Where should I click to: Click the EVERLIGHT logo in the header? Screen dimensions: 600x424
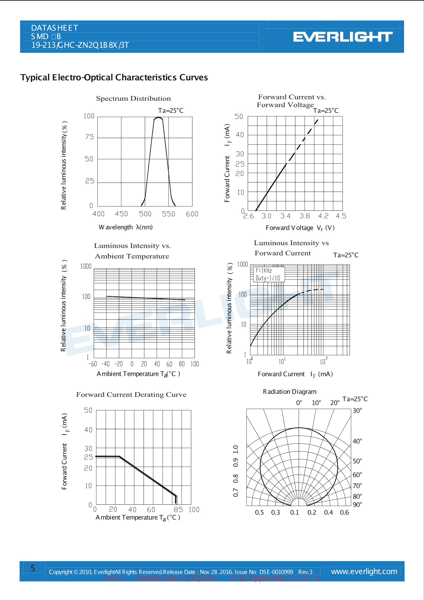(343, 37)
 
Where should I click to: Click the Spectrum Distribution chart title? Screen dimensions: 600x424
(133, 98)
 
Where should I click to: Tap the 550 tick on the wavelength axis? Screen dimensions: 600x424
(168, 214)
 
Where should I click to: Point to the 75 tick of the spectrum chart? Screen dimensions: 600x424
(89, 137)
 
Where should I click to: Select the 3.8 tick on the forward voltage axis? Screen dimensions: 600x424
(305, 216)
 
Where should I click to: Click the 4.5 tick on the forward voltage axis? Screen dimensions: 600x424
(341, 216)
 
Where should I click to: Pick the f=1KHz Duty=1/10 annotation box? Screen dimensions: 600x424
(268, 274)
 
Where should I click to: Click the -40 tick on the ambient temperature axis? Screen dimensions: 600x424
(105, 364)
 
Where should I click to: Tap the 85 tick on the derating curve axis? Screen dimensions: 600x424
(178, 510)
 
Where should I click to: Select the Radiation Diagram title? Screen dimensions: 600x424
(290, 392)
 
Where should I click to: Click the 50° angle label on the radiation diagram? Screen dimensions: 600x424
(357, 461)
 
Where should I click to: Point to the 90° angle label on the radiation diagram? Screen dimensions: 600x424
(357, 504)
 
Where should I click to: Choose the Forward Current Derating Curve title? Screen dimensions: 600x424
(131, 395)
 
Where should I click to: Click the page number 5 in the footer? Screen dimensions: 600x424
(33, 568)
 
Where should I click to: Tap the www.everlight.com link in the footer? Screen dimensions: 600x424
(364, 571)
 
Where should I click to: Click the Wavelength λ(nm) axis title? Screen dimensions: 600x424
(126, 227)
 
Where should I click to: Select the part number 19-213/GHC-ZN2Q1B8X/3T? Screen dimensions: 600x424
(80, 45)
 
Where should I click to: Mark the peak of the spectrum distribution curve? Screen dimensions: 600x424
(158, 118)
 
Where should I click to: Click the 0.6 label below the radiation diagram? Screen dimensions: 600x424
(344, 512)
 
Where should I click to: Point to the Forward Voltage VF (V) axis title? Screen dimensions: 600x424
(300, 228)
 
